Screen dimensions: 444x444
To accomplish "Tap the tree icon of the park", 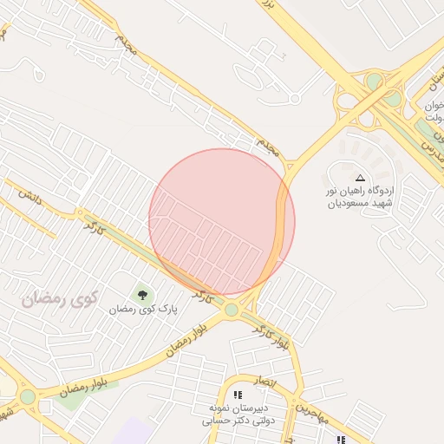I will (x=142, y=295).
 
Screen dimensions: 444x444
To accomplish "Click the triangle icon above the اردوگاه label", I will (x=361, y=177).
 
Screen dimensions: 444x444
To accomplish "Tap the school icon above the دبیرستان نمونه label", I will (x=238, y=395).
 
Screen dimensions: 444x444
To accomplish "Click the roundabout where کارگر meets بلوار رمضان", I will (x=232, y=310).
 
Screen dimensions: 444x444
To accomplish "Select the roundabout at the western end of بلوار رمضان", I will (x=28, y=397).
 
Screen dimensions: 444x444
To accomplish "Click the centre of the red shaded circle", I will (x=222, y=221).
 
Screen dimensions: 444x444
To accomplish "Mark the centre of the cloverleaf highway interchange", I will (x=373, y=95).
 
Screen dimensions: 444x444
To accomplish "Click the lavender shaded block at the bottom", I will (x=130, y=431).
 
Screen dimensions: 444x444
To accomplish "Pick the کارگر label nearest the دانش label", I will (x=94, y=230).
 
